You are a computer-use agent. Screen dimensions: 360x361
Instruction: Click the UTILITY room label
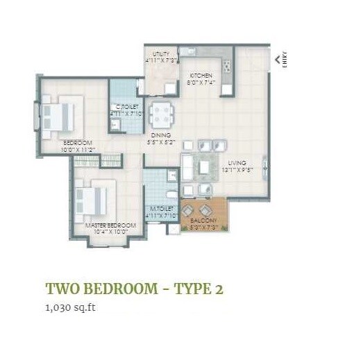click(161, 53)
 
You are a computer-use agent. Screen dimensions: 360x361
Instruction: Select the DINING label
click(162, 135)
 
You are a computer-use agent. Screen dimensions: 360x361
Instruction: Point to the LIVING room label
click(237, 162)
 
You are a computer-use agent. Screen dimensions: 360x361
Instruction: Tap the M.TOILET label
click(162, 209)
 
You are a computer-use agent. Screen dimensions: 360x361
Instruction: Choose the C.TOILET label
click(126, 107)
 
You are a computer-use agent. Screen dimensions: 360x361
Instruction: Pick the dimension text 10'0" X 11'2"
click(78, 148)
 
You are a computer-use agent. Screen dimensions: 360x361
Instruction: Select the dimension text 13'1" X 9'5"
click(237, 169)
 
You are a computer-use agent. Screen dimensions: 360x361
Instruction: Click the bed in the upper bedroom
click(59, 115)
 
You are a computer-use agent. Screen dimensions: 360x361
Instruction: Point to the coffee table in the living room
click(203, 166)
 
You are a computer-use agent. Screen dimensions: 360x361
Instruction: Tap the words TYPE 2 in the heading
click(195, 289)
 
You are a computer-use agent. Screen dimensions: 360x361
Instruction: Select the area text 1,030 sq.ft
click(70, 306)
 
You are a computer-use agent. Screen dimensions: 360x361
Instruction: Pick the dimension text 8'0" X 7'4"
click(201, 83)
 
